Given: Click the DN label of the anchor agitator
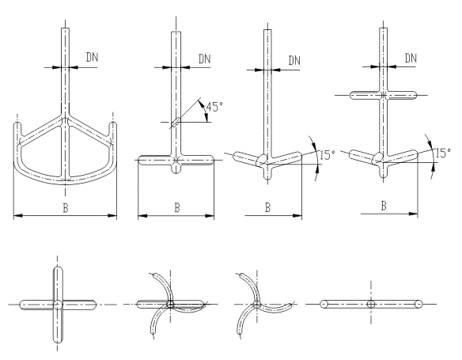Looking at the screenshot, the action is point(93,57).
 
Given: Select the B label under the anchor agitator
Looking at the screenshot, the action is point(66,207).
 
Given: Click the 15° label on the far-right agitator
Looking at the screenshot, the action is point(443,153).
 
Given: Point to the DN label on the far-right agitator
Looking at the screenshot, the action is point(411,58).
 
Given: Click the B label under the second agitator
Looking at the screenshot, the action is point(176,207).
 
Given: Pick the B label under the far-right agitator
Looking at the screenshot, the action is point(384,206).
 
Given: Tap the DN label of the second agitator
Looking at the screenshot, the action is point(204,59).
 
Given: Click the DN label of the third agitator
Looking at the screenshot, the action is point(294,60).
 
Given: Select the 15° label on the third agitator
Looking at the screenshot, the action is point(328,155).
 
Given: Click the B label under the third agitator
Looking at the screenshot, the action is point(267,207).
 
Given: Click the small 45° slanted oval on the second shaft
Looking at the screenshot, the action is point(176,122).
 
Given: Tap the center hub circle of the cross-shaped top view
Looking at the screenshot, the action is point(58,305).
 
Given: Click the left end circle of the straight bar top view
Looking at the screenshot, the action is point(324,304).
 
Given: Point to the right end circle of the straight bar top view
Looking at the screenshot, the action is point(418,304).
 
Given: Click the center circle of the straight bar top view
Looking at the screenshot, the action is point(371,304).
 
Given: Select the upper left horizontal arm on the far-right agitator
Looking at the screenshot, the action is point(365,96).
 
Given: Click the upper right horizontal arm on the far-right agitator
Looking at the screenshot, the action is point(401,96).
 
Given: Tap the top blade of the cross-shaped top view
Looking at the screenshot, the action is point(58,283).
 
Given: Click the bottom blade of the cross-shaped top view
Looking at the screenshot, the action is point(58,326).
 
